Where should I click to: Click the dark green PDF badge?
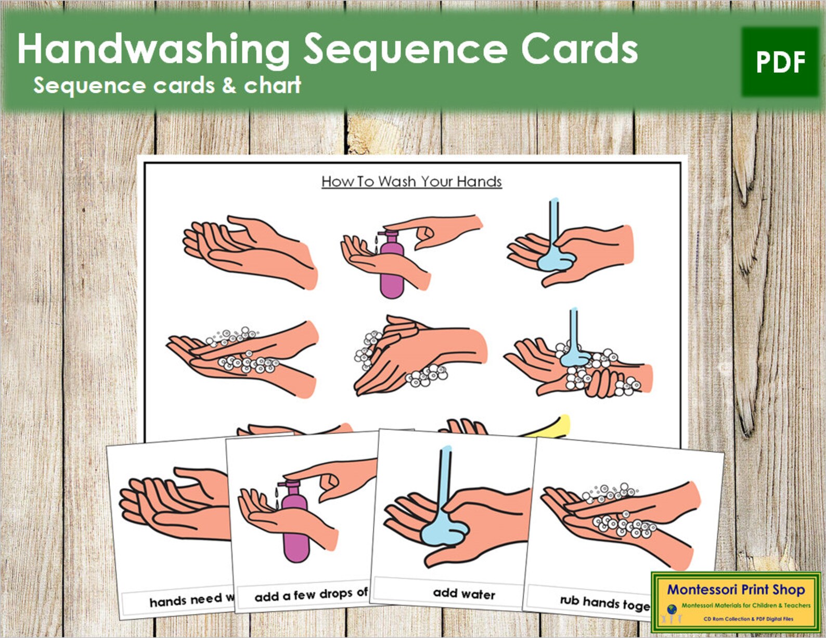pyautogui.click(x=780, y=62)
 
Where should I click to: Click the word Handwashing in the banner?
pyautogui.click(x=153, y=49)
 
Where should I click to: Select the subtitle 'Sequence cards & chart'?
pyautogui.click(x=166, y=85)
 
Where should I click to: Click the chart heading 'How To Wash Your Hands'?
pyautogui.click(x=411, y=181)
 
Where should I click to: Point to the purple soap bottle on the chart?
pyautogui.click(x=392, y=270)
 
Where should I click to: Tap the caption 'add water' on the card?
pyautogui.click(x=464, y=593)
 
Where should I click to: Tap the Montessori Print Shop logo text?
pyautogui.click(x=735, y=590)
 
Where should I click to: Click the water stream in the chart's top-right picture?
pyautogui.click(x=554, y=218)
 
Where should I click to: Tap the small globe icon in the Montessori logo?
pyautogui.click(x=672, y=608)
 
